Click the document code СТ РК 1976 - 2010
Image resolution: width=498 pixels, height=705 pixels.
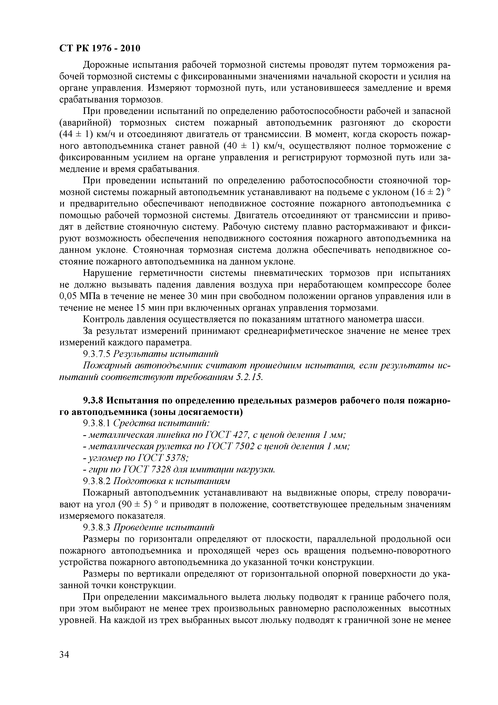click(x=99, y=48)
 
